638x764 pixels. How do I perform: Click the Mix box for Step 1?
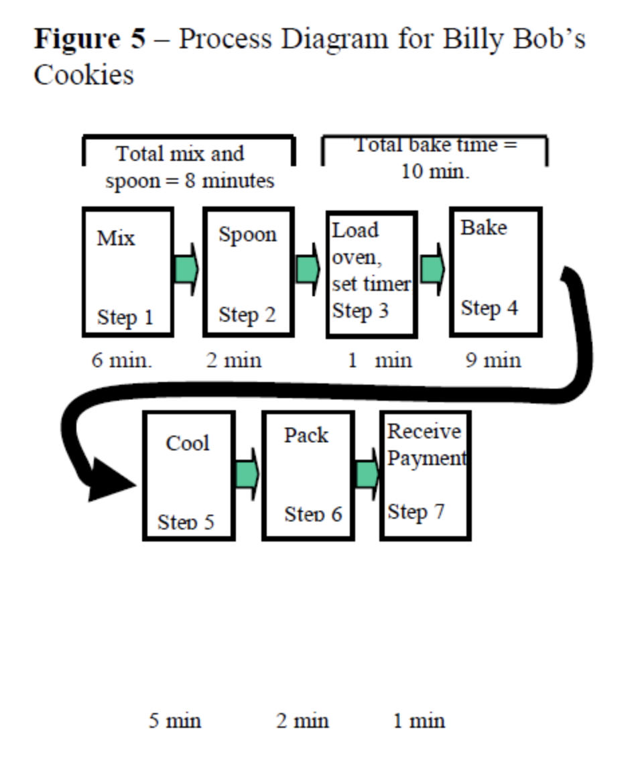pos(128,272)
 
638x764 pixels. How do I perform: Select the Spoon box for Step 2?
pos(249,272)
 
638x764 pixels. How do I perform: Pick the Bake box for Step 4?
pos(495,272)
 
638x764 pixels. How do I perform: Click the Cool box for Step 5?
pos(189,475)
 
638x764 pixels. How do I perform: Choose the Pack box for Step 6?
pos(308,475)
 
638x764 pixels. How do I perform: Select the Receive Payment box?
pos(426,475)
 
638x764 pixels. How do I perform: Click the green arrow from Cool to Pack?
pos(247,475)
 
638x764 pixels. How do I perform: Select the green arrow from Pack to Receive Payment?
pos(367,475)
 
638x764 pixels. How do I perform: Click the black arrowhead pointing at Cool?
pos(110,480)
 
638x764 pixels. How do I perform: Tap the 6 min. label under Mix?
pos(123,361)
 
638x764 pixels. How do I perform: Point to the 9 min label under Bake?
pos(493,361)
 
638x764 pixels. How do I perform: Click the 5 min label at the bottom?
pos(175,721)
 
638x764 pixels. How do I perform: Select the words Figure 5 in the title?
pos(90,39)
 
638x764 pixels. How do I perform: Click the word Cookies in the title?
pos(84,74)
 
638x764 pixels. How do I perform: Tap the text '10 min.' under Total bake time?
pos(436,172)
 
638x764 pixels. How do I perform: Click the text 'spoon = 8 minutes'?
pos(190,181)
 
